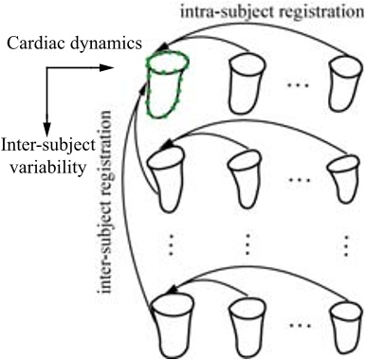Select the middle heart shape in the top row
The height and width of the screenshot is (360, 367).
click(x=248, y=84)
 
